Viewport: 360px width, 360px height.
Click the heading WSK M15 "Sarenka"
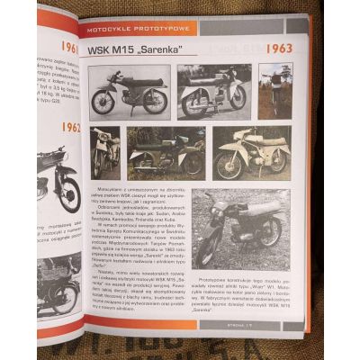coord(131,48)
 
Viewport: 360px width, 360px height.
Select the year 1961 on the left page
coord(68,46)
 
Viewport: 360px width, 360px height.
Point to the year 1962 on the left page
coord(69,128)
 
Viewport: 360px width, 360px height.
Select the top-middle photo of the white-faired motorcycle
coord(214,90)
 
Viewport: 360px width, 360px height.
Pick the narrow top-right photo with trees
coord(274,90)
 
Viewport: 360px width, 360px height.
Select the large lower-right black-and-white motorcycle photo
coord(239,229)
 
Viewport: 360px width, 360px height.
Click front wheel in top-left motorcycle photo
coord(103,102)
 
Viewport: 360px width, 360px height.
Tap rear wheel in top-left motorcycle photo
coord(155,101)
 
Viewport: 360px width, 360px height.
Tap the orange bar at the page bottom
coord(162,323)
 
